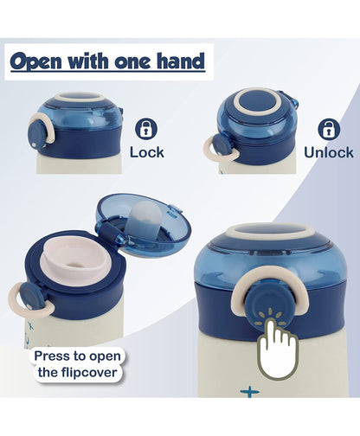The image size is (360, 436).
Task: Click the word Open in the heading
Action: [x=37, y=61]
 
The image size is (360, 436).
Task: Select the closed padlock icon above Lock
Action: [x=146, y=129]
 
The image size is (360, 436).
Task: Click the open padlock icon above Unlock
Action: [x=328, y=129]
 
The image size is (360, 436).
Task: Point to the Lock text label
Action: [x=146, y=152]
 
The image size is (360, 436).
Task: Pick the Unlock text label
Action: [x=328, y=152]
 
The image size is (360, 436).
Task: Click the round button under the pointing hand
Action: [x=272, y=306]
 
